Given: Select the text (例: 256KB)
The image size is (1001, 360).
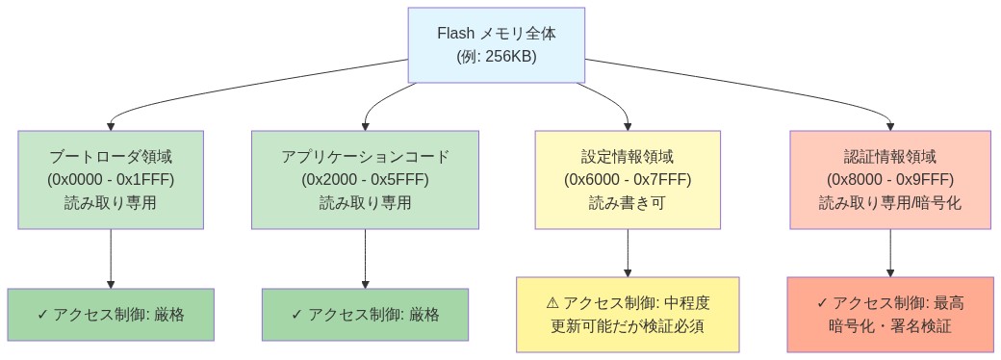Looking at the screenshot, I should tap(496, 57).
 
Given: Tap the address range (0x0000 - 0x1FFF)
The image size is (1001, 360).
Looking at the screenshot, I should tap(111, 180).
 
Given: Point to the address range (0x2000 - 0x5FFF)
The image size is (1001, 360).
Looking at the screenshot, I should tap(365, 180).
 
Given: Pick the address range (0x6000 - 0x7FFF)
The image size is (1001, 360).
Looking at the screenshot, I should tap(628, 180).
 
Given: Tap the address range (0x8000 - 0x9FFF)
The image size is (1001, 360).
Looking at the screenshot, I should tap(889, 180).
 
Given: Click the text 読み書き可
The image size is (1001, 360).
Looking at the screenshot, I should tap(628, 203).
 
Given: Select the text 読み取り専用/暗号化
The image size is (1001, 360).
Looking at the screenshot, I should tap(889, 203).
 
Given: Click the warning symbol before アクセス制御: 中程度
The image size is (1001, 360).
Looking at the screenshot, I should tap(552, 303).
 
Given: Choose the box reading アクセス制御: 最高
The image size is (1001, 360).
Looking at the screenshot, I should tap(889, 315).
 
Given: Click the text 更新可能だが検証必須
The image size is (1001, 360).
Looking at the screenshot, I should tap(628, 326).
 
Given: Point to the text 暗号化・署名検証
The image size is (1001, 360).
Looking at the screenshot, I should tap(889, 326).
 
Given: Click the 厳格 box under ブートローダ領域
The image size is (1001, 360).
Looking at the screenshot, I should tap(111, 315).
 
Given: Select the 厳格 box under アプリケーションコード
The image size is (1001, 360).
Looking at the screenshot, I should tap(365, 315).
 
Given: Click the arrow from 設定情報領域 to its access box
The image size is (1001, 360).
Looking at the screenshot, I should tap(628, 252).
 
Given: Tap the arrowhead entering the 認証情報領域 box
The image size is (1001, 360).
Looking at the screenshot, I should tap(889, 125).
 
